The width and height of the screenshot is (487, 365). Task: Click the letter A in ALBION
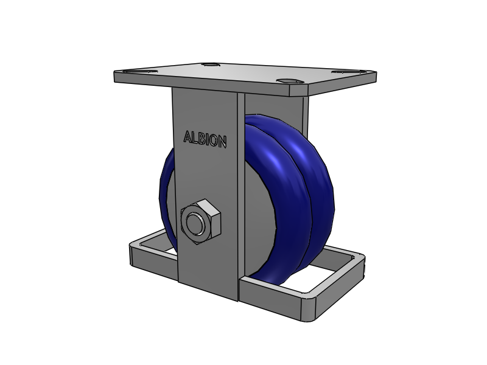(x=188, y=137)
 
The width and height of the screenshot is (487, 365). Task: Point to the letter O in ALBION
(x=212, y=141)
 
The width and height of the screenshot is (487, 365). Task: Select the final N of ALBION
(x=222, y=142)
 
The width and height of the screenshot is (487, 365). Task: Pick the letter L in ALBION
(x=195, y=138)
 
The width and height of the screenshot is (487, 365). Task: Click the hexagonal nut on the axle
(x=200, y=221)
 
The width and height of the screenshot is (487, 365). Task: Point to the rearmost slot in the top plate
(x=210, y=64)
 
